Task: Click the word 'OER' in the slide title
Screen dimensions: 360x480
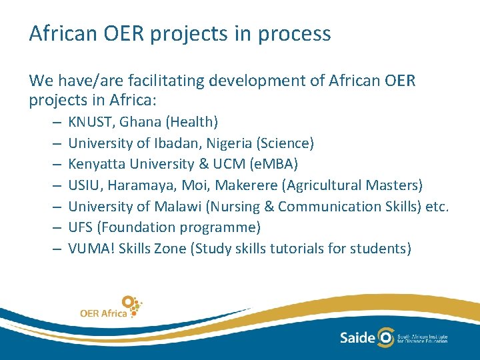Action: point(123,34)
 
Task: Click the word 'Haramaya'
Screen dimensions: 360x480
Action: point(135,185)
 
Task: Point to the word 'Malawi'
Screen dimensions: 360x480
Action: point(174,207)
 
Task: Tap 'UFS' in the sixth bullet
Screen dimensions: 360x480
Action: point(81,227)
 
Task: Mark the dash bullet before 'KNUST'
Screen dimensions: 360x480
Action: point(54,123)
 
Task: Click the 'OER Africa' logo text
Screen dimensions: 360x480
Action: point(103,313)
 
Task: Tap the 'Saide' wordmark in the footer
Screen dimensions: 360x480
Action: point(357,337)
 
